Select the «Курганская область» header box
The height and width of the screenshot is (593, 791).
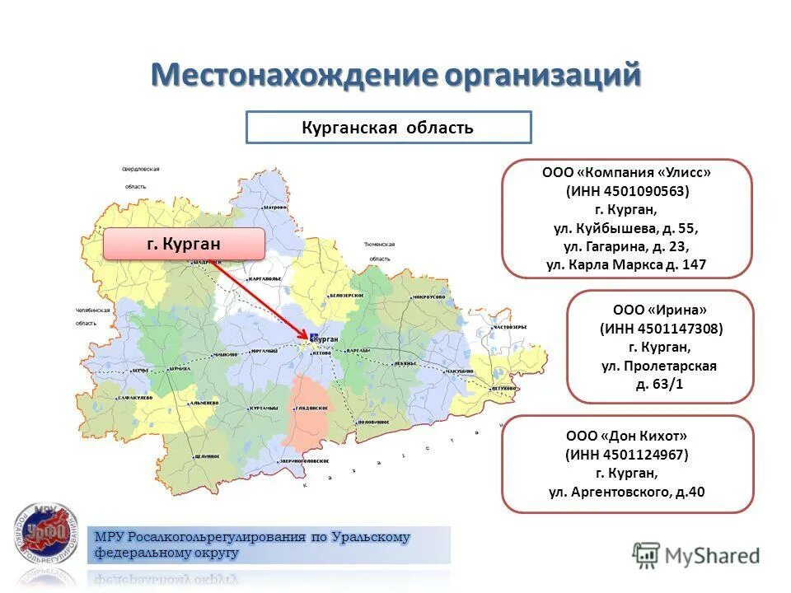389,128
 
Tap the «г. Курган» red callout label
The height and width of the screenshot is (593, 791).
184,245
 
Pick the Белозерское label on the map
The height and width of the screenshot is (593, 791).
346,294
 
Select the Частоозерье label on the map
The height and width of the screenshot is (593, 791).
510,327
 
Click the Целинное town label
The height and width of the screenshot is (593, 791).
207,455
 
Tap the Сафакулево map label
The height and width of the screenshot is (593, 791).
133,397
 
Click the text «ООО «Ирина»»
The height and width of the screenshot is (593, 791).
660,311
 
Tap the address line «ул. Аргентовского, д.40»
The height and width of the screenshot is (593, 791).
627,493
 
